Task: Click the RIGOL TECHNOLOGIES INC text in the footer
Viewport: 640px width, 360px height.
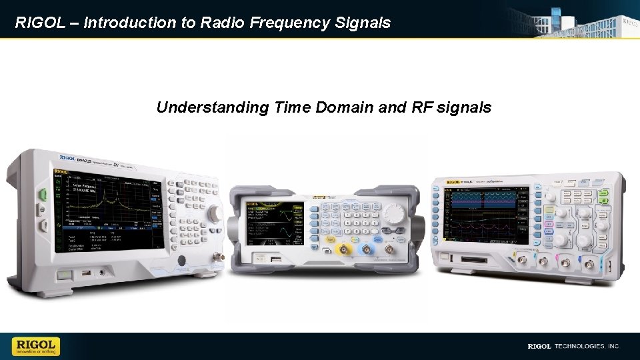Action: point(573,346)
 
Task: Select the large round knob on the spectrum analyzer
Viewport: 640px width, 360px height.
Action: point(215,213)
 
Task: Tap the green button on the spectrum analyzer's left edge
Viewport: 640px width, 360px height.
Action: point(42,195)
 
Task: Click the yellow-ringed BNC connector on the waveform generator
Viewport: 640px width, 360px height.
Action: point(345,250)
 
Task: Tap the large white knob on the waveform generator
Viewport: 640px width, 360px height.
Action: point(394,213)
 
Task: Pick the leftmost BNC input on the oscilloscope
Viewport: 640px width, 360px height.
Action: point(516,262)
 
